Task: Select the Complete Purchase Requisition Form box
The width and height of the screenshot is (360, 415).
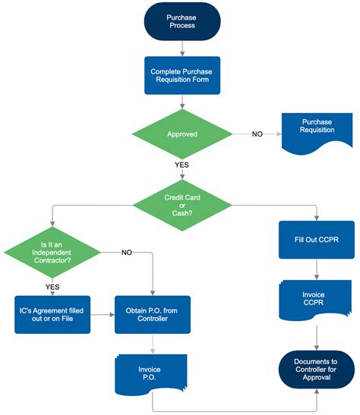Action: click(x=182, y=76)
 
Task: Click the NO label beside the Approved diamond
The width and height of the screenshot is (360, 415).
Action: click(x=257, y=134)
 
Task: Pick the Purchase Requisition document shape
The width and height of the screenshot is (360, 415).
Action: click(x=317, y=129)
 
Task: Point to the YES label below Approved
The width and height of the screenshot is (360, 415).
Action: click(x=182, y=164)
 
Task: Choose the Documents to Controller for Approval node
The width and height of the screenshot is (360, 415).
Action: click(x=317, y=369)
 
